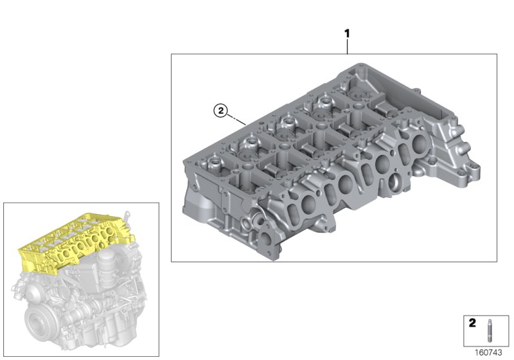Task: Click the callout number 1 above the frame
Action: [x=347, y=33]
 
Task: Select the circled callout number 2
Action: [x=220, y=112]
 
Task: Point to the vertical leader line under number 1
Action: [x=347, y=46]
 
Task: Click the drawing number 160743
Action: [x=489, y=352]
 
